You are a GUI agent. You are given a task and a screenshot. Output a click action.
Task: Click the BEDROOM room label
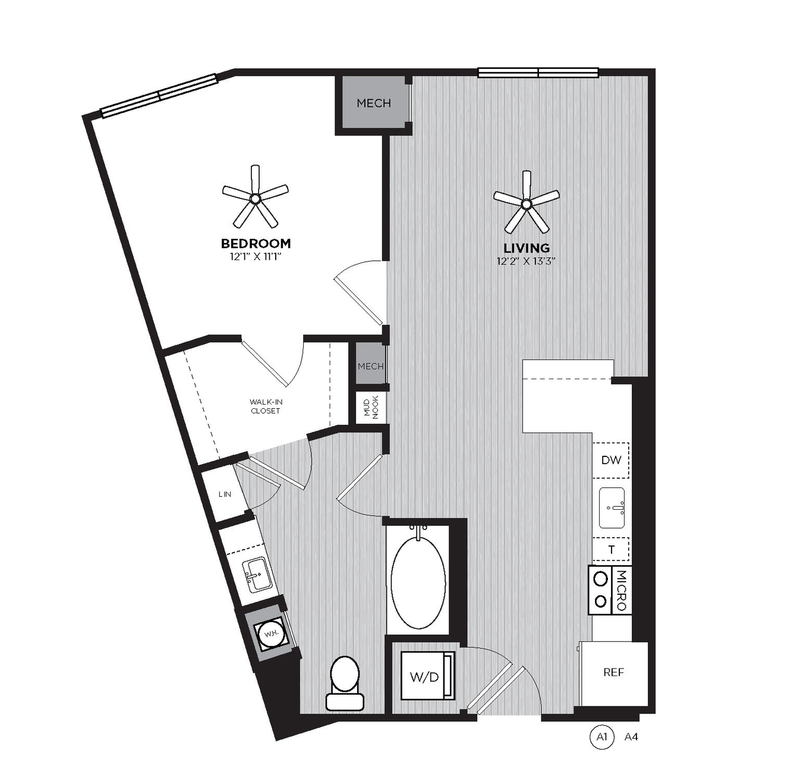(256, 244)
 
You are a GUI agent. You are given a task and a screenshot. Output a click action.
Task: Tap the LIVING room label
(527, 248)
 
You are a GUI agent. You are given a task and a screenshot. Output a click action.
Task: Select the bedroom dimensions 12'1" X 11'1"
(256, 257)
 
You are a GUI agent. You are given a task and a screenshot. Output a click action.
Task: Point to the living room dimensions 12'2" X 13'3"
(527, 261)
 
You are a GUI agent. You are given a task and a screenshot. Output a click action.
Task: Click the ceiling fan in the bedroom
(256, 198)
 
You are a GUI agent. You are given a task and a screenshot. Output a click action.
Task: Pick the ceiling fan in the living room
(527, 203)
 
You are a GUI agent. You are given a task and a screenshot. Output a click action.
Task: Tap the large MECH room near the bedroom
(374, 103)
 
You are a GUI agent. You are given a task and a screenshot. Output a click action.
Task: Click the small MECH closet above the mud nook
(370, 366)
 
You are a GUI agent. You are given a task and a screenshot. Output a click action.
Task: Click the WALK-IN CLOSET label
(266, 406)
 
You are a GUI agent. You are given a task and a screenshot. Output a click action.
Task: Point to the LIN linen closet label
(225, 494)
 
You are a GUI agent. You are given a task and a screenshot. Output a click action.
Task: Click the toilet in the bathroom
(345, 682)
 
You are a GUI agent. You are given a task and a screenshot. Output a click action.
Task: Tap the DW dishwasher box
(611, 460)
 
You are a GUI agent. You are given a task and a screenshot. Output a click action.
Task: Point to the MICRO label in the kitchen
(622, 590)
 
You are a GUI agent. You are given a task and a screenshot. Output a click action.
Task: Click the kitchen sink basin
(612, 507)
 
